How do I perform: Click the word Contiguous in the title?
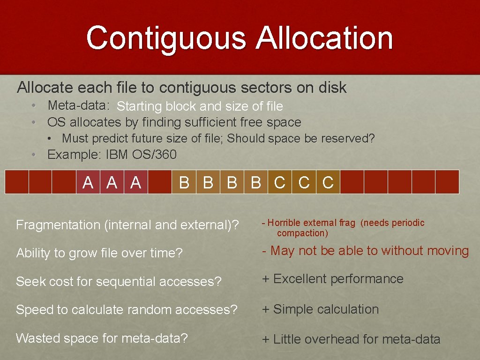166,38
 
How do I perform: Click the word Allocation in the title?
324,38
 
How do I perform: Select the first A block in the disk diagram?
88,182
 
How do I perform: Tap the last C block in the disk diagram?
328,182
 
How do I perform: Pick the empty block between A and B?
160,182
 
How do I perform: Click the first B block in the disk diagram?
184,182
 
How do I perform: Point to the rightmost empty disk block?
447,182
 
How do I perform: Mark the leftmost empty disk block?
16,182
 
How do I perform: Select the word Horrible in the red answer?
285,223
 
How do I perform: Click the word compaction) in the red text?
302,233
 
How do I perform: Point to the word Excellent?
300,279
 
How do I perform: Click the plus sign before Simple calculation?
266,310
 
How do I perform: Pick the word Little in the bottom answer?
288,339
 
